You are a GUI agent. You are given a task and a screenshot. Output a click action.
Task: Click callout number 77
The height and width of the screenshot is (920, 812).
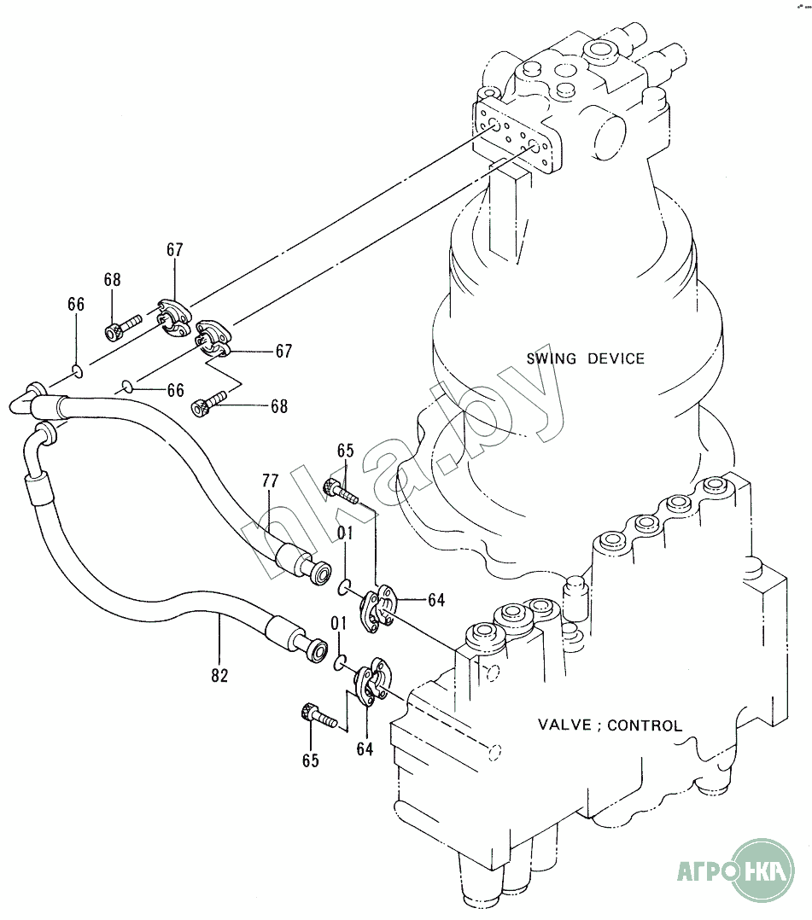coord(270,481)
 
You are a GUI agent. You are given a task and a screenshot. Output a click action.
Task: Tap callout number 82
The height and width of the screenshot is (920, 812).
coord(219,675)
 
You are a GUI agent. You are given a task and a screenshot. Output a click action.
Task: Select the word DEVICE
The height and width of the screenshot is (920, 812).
coord(616,358)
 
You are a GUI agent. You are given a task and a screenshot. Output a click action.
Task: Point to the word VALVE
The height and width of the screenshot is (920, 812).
coord(564,726)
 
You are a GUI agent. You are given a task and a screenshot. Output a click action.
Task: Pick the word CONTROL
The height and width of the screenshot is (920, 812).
coord(646,726)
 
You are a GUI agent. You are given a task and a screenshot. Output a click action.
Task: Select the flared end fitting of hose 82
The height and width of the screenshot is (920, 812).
coord(314,649)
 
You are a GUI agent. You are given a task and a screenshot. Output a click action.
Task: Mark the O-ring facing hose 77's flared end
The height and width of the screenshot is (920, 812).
coord(342,587)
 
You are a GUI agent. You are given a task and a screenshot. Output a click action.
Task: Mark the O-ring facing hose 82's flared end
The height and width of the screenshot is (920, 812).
coord(339,661)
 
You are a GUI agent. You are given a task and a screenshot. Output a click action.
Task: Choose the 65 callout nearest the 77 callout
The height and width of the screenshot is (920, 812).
coord(345,451)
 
